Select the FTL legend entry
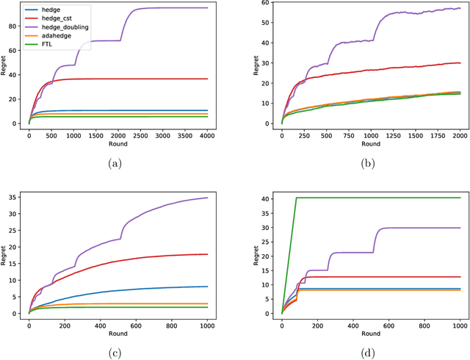coord(54,43)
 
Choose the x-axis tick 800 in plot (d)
coord(424,323)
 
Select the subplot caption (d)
coord(367,352)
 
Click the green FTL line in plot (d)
coord(367,197)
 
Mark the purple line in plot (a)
coord(147,8)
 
